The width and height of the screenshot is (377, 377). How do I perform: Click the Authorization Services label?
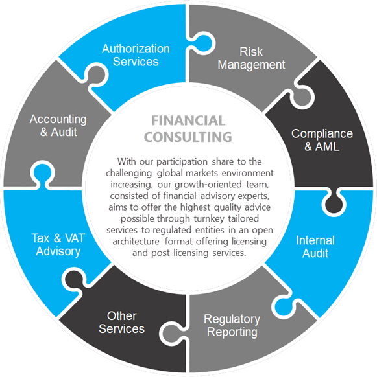click(136, 55)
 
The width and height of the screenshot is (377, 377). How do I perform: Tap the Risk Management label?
click(251, 58)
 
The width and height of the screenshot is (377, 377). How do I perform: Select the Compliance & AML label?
click(322, 140)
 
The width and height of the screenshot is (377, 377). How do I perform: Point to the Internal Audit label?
click(315, 247)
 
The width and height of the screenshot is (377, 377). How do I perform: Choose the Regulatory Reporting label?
click(232, 326)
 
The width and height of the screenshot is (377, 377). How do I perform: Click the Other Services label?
click(121, 323)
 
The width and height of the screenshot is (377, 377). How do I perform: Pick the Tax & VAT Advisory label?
click(58, 245)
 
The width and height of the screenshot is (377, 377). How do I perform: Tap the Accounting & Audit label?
click(58, 126)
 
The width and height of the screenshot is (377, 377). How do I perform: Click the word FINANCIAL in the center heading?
click(188, 120)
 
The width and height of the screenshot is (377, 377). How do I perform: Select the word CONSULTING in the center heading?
click(188, 137)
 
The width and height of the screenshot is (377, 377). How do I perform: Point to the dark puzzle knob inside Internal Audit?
click(334, 203)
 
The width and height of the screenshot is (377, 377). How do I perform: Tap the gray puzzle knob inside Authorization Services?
click(95, 75)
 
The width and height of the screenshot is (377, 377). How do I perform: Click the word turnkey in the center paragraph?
click(209, 219)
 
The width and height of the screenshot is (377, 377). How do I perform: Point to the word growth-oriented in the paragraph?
click(208, 185)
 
